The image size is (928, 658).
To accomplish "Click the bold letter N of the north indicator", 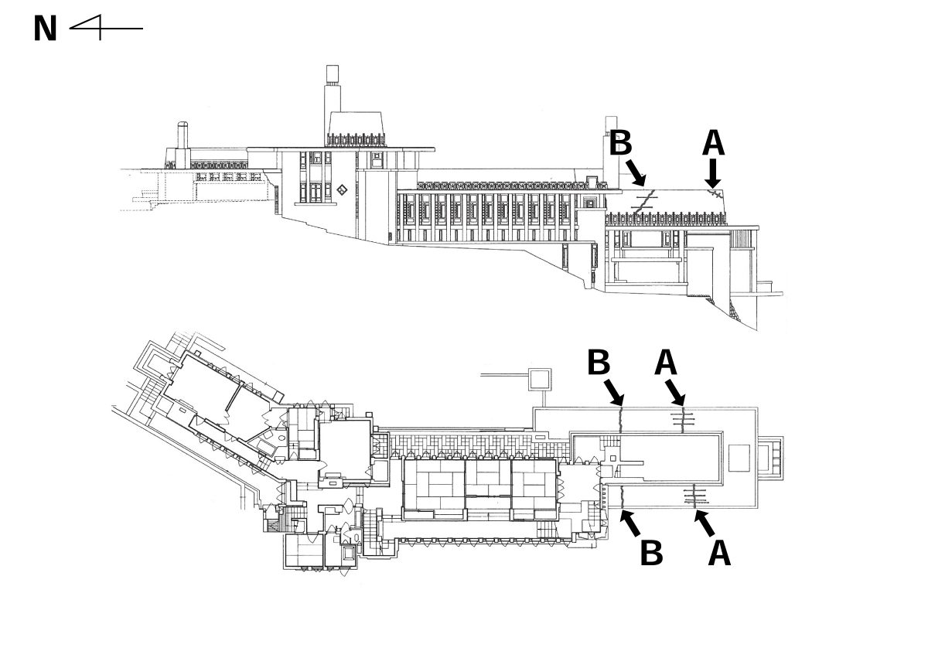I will point(46,29).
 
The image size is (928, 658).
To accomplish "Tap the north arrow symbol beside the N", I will point(104,29).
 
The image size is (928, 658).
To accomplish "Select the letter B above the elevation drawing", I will point(621,145).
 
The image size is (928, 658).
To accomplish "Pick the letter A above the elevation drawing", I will point(713,144).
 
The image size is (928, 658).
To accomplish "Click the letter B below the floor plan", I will point(651,552).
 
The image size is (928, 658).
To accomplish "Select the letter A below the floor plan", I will point(719,552).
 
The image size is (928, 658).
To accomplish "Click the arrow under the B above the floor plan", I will point(614,391).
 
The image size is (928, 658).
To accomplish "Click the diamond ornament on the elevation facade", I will point(342,189).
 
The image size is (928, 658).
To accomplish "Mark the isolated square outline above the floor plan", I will point(539,380).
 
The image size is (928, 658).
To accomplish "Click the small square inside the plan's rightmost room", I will point(739,458).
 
